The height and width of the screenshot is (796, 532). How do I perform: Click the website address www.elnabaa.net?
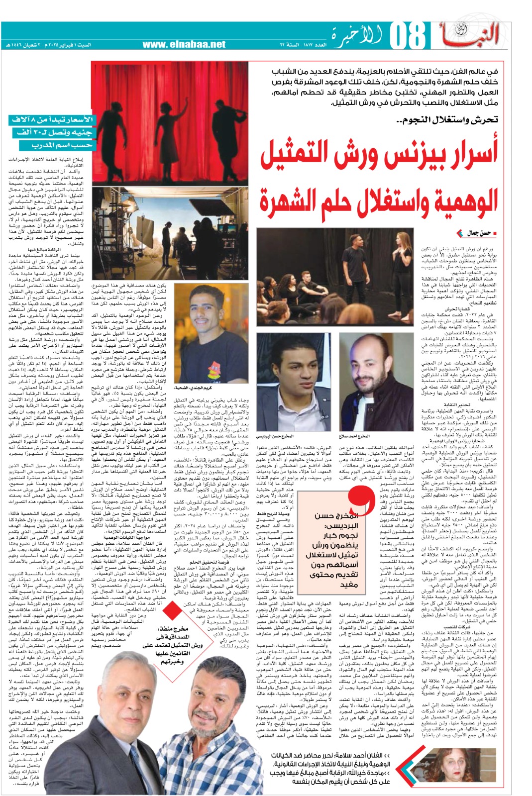pos(184,44)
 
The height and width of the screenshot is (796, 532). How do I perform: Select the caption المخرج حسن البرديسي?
pos(276,436)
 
